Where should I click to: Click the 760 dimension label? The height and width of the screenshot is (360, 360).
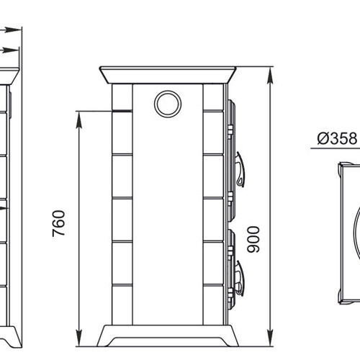point(59,223)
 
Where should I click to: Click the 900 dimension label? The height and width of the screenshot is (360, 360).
point(253,239)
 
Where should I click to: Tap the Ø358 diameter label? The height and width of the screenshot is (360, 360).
point(337,138)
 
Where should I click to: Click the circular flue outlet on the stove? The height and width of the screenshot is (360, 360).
point(168,104)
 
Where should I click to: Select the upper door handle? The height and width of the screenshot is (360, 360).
point(240,169)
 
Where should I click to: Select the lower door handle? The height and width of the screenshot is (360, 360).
point(240,279)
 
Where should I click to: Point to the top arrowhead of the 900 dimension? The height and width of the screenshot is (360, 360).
point(271,76)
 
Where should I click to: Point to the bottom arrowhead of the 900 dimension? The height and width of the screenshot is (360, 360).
point(271,338)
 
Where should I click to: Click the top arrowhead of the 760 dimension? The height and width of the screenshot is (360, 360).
point(79,120)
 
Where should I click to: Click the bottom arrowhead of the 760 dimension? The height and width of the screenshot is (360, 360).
point(79,338)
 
